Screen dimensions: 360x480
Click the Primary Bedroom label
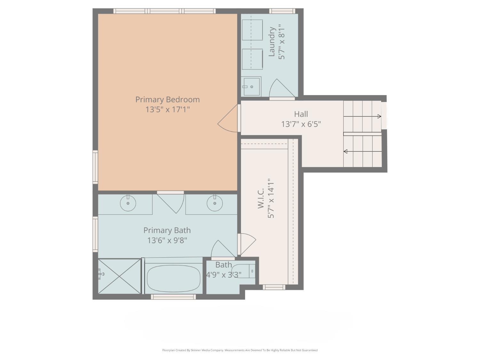[167, 100]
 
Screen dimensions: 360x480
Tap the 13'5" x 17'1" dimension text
[167, 109]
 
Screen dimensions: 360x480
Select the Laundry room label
[272, 42]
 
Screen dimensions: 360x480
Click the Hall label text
[301, 114]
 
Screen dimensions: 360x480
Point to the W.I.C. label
[261, 198]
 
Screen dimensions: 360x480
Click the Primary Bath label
[167, 230]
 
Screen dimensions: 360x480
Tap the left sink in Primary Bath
[128, 203]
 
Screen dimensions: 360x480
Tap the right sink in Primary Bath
[214, 203]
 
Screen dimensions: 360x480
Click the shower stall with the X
[120, 276]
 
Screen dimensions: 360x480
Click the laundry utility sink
[251, 86]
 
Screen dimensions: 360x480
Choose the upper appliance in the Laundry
[252, 30]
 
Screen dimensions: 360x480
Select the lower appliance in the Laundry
[252, 59]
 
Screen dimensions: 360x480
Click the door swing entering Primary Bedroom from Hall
[228, 123]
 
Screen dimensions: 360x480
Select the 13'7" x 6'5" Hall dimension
[301, 124]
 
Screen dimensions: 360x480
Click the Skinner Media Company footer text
[240, 350]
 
